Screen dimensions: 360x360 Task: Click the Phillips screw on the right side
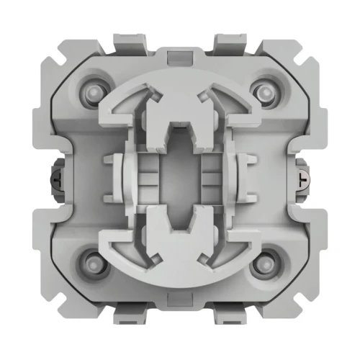tap(301, 178)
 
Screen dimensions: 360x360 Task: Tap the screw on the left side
tap(58, 178)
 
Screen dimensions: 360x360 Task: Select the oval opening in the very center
tap(179, 178)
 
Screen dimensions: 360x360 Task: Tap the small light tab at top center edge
tap(179, 55)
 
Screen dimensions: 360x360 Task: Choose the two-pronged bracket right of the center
tap(244, 178)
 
